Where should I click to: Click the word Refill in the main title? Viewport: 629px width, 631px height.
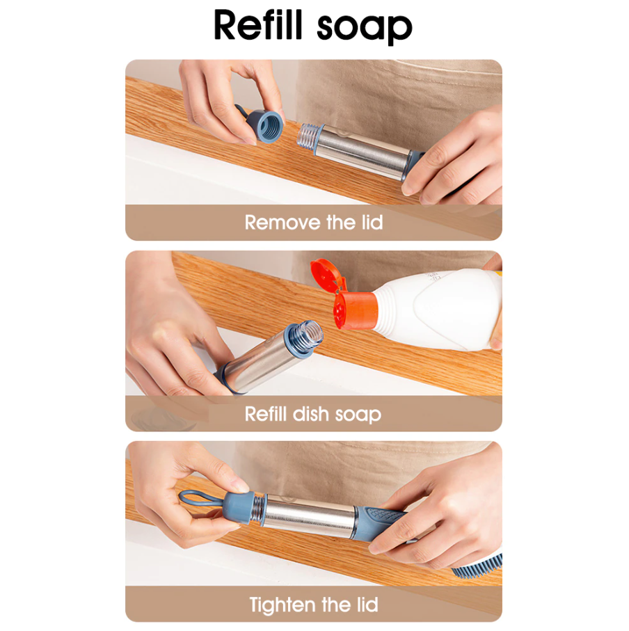click(x=258, y=26)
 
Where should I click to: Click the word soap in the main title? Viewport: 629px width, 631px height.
click(x=365, y=28)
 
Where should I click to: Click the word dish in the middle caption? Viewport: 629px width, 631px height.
click(x=311, y=414)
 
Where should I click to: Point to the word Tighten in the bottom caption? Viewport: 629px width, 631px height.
click(x=285, y=604)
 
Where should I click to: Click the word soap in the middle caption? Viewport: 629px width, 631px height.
click(x=358, y=415)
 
